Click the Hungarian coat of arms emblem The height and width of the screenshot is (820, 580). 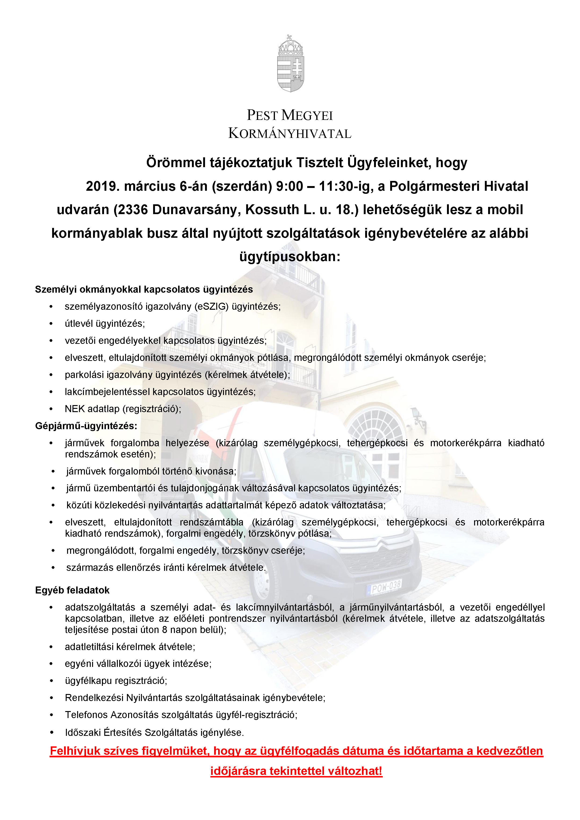[x=290, y=64]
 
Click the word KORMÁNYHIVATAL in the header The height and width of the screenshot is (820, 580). [x=290, y=133]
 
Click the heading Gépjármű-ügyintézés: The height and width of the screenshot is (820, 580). [x=86, y=426]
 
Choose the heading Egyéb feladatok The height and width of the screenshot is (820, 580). [x=72, y=590]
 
